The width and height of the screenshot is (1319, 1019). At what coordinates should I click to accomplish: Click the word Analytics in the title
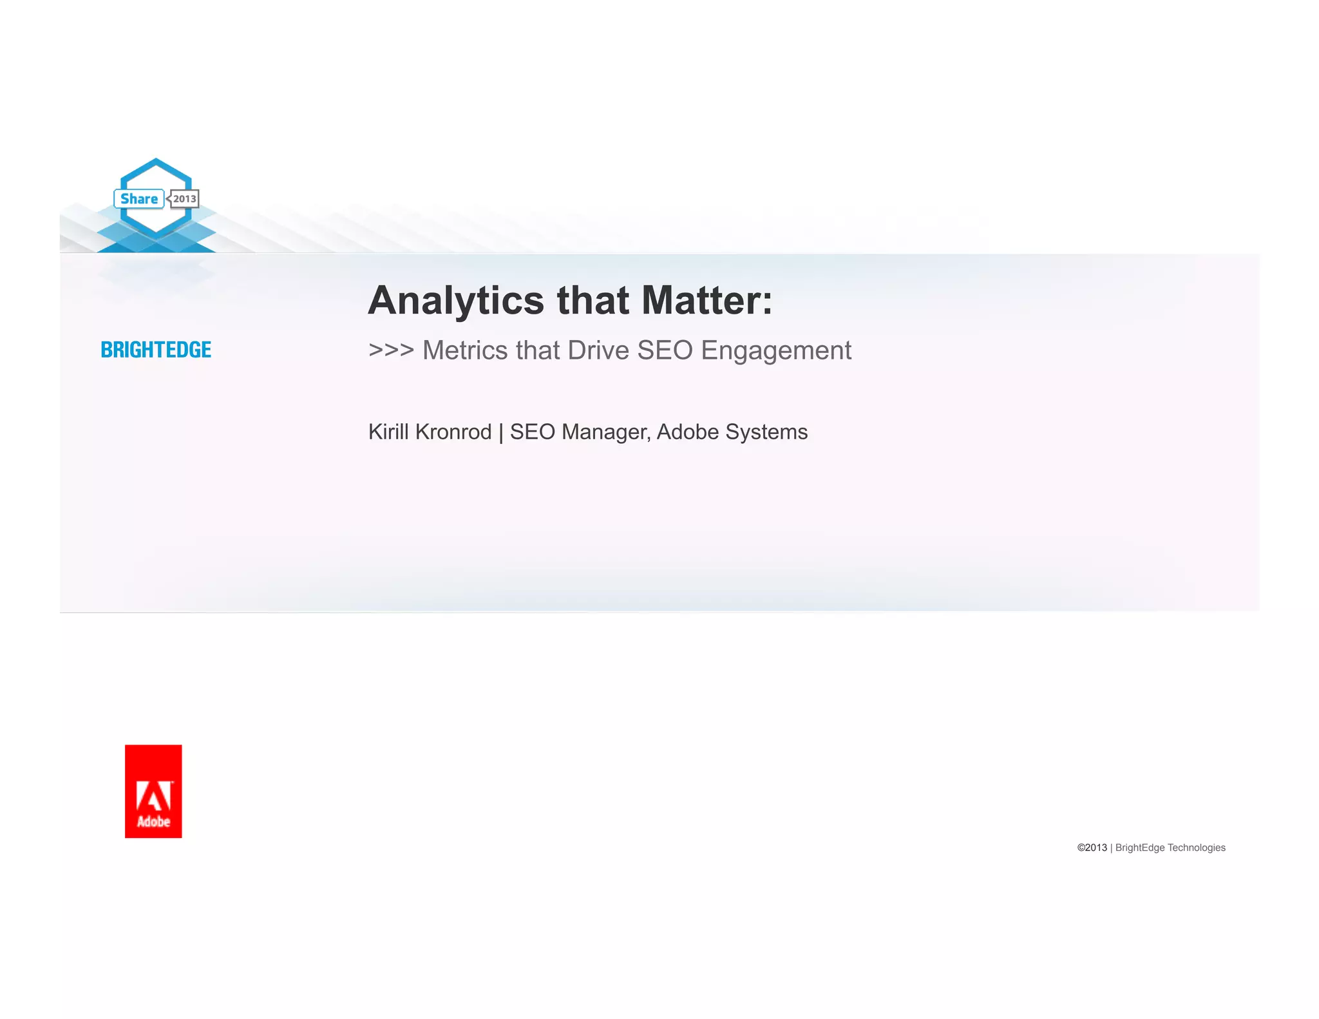pyautogui.click(x=456, y=301)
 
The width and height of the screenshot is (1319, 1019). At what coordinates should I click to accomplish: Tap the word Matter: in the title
pyautogui.click(x=707, y=301)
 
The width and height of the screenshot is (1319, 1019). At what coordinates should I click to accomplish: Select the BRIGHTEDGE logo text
pyautogui.click(x=156, y=350)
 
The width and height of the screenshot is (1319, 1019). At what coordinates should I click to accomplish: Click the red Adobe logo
pyautogui.click(x=153, y=791)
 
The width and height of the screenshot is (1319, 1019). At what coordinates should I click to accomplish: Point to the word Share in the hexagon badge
pyautogui.click(x=139, y=199)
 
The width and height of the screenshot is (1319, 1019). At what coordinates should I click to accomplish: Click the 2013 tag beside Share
pyautogui.click(x=184, y=199)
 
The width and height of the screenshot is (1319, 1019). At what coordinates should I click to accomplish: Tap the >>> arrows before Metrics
pyautogui.click(x=391, y=350)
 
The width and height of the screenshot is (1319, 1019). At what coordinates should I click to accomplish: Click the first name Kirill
pyautogui.click(x=388, y=432)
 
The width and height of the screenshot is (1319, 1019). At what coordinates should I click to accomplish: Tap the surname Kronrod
pyautogui.click(x=453, y=432)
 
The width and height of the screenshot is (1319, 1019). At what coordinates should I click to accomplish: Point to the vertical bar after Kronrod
pyautogui.click(x=500, y=432)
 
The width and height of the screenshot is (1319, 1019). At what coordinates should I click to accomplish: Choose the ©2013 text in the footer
pyautogui.click(x=1092, y=848)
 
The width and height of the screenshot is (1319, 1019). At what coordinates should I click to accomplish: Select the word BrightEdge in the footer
pyautogui.click(x=1140, y=848)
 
